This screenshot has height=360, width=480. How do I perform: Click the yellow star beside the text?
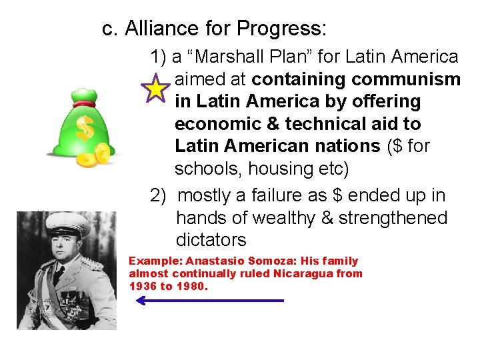pyautogui.click(x=155, y=88)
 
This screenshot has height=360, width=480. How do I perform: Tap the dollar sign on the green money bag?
pyautogui.click(x=85, y=129)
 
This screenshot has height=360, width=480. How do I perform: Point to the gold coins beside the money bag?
pyautogui.click(x=93, y=156)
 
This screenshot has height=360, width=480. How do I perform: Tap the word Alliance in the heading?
pyautogui.click(x=157, y=29)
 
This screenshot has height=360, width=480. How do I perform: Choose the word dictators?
pyautogui.click(x=211, y=239)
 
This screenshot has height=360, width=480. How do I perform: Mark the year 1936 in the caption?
pyautogui.click(x=141, y=286)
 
